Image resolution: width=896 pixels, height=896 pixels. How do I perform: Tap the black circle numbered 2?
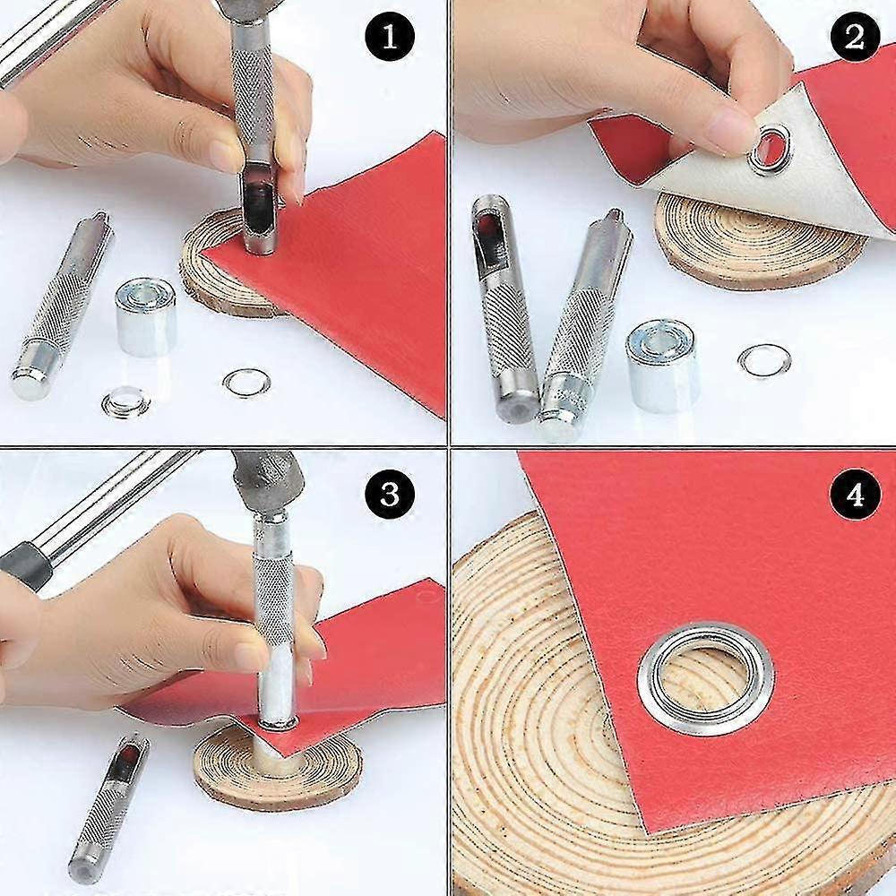click(855, 38)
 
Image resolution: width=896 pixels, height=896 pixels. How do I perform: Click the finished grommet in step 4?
click(706, 679)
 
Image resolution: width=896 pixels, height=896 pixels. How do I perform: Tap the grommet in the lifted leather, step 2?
click(771, 148)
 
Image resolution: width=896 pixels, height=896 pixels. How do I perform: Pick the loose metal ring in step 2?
click(764, 360)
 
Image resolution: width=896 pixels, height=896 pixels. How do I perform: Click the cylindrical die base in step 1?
click(146, 316)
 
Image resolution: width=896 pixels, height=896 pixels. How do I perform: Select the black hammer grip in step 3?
click(22, 566)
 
